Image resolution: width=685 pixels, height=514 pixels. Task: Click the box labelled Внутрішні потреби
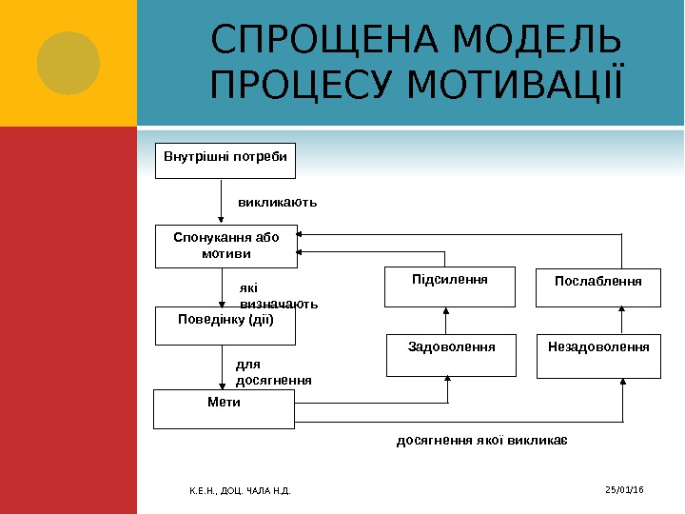pos(225,161)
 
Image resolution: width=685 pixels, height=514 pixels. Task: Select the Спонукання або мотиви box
pos(225,246)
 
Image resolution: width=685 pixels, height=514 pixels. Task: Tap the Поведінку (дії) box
pos(225,326)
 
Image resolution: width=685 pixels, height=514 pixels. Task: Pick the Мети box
pos(225,407)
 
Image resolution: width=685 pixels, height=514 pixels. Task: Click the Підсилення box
pos(449,287)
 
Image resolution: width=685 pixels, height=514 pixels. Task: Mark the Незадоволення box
pos(598,355)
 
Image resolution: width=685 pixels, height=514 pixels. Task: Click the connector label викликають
pos(277,203)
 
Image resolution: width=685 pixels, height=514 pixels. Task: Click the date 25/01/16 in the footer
pos(624,489)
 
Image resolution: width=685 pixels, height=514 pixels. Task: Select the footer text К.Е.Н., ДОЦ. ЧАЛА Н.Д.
pos(240,490)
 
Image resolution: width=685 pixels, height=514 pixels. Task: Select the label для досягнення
pos(273,371)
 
